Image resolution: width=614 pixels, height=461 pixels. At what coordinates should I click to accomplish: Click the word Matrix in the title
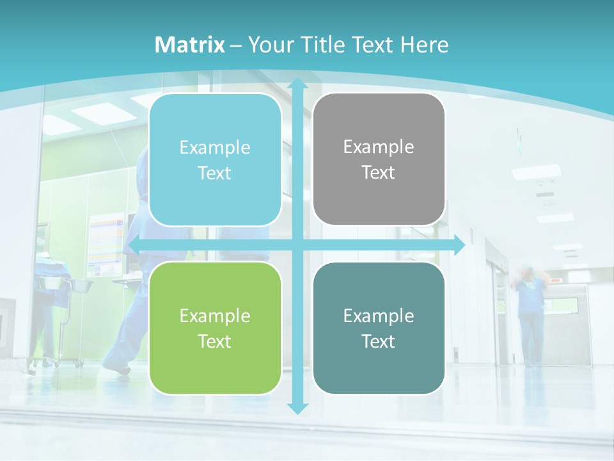[x=190, y=45]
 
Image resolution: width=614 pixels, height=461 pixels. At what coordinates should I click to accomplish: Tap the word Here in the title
[x=424, y=45]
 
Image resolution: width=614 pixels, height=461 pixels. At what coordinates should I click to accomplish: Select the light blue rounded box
[x=215, y=160]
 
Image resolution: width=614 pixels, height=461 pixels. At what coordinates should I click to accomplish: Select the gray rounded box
[x=379, y=159]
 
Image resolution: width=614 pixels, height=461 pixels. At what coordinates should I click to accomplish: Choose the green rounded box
[x=215, y=328]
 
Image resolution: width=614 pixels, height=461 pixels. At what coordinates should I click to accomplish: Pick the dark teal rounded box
[x=379, y=328]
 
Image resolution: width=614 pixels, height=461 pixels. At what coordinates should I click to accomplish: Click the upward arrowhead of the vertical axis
[x=297, y=84]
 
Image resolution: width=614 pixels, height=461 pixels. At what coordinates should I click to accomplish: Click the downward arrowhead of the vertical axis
[x=297, y=408]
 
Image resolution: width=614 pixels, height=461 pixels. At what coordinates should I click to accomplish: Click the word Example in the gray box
[x=379, y=147]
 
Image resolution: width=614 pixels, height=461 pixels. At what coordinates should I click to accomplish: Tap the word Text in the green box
[x=214, y=341]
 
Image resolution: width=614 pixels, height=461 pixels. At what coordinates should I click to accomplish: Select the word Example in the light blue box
[x=215, y=147]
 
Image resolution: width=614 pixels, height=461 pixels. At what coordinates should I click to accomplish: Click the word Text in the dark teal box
[x=378, y=341]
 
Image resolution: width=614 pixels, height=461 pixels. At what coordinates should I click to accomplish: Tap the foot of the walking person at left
[x=117, y=368]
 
